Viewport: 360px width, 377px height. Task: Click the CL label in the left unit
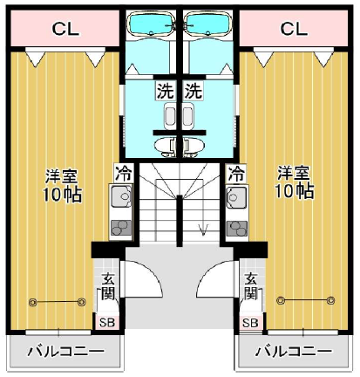(65, 29)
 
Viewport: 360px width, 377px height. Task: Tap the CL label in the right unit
(294, 29)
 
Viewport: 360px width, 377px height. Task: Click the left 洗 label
(166, 91)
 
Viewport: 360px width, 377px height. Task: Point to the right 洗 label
(194, 91)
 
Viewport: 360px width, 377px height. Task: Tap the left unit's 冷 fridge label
(124, 174)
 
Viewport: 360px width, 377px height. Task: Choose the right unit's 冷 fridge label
(236, 174)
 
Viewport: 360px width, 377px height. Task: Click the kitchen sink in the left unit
(121, 196)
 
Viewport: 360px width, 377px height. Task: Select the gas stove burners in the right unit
(237, 228)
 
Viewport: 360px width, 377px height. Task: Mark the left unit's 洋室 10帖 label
(62, 184)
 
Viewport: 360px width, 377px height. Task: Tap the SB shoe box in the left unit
(107, 322)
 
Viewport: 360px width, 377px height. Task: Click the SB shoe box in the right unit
(250, 322)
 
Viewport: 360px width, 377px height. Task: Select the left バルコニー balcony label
(65, 352)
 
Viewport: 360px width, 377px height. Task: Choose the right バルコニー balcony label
(294, 352)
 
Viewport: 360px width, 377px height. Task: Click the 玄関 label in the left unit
(107, 287)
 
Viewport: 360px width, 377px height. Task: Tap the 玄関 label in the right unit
(250, 286)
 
